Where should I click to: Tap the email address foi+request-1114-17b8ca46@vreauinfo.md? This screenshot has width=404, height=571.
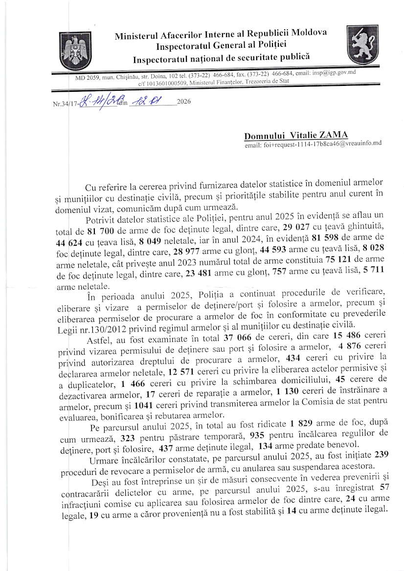pyautogui.click(x=313, y=145)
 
